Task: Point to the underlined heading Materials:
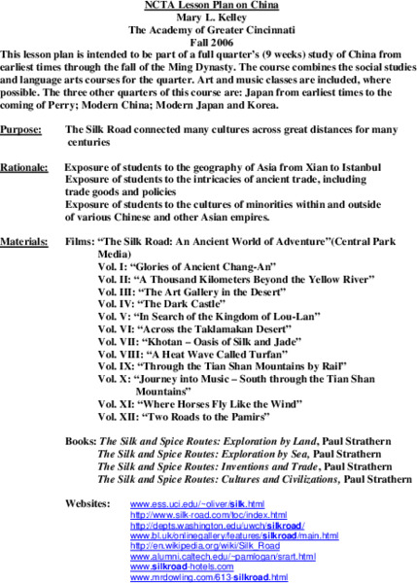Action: [25, 239]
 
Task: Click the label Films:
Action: [81, 239]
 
